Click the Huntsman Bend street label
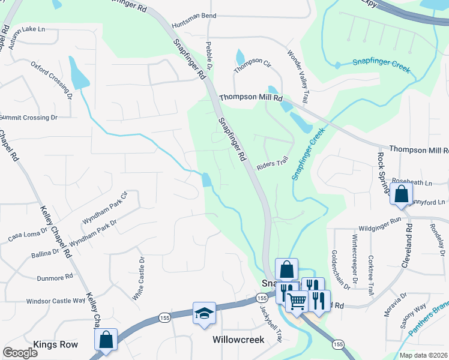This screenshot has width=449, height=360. click(x=193, y=16)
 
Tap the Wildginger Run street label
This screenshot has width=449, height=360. click(x=379, y=228)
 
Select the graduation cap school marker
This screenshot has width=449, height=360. click(x=204, y=313)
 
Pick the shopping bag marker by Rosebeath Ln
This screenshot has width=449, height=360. click(x=400, y=194)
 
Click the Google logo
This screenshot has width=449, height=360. click(x=20, y=353)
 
